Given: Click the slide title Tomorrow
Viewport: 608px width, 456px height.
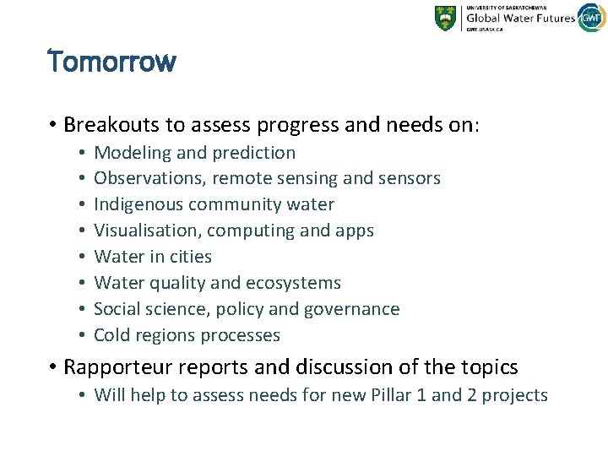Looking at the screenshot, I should pyautogui.click(x=111, y=62).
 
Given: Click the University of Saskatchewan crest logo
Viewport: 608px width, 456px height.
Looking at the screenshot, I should pyautogui.click(x=445, y=18).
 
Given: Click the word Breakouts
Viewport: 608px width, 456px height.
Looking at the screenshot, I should pyautogui.click(x=111, y=125).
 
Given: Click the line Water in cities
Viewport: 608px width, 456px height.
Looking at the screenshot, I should pyautogui.click(x=153, y=257).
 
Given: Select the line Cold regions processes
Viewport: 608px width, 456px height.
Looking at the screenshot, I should pyautogui.click(x=187, y=335).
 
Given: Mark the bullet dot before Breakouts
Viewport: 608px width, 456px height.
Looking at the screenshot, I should pyautogui.click(x=52, y=126).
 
